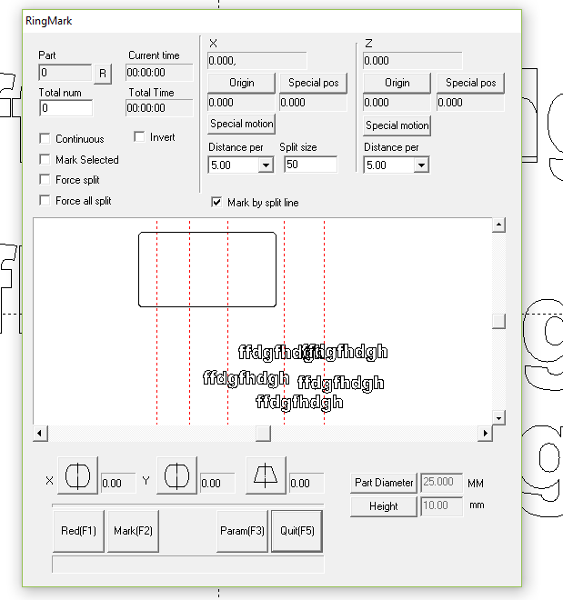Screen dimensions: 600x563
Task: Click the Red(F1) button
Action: (78, 531)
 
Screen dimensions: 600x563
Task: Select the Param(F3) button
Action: (242, 531)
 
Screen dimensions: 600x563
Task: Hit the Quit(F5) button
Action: (297, 531)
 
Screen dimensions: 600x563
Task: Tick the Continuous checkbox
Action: (45, 139)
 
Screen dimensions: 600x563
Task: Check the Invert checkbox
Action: (140, 137)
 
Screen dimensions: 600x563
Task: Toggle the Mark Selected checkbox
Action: (45, 160)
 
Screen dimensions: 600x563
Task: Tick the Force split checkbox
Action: (45, 180)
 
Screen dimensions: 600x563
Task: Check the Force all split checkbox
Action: (45, 201)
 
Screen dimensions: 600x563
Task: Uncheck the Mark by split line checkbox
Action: (216, 203)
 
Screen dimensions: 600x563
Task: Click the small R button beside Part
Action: (102, 73)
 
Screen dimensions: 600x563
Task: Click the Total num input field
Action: (65, 108)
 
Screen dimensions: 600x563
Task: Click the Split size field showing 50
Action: (309, 165)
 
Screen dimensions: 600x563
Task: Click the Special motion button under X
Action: (242, 124)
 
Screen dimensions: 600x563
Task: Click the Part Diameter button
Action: (384, 483)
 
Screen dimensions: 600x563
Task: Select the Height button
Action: (384, 506)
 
